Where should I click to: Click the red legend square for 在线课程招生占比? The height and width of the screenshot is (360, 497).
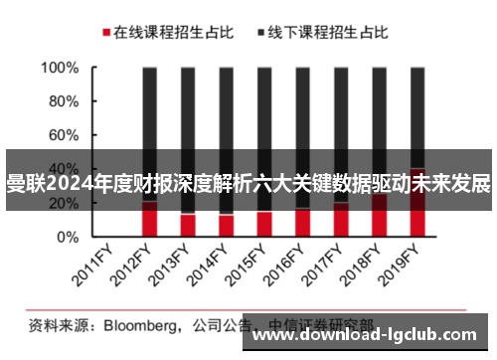click(104, 33)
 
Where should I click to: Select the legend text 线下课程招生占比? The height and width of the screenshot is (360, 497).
click(328, 33)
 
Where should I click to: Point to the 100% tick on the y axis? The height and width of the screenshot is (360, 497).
click(59, 69)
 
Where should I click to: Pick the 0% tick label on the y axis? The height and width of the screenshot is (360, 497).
click(67, 238)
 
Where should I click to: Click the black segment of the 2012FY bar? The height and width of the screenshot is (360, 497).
click(150, 109)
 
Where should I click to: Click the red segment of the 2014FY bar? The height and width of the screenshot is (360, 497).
click(227, 226)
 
